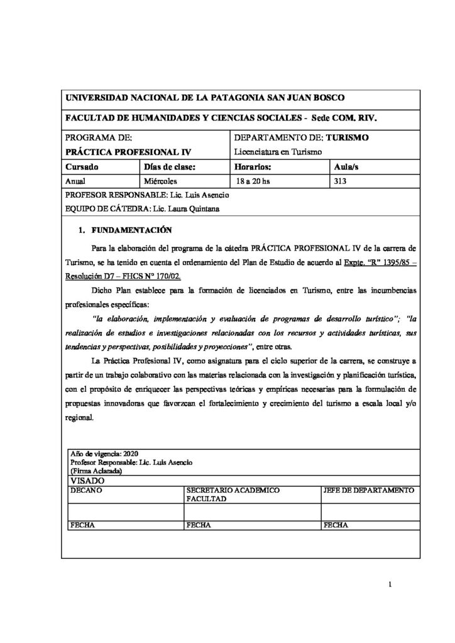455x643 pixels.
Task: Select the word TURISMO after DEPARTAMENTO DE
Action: [348, 138]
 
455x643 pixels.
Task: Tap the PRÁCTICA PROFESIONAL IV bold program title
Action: [128, 152]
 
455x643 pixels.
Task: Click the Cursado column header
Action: [82, 166]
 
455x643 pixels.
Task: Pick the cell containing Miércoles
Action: [161, 181]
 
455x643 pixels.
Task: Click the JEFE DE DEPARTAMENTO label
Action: [367, 490]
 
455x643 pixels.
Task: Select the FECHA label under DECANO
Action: [82, 525]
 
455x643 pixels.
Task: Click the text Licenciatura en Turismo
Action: [277, 152]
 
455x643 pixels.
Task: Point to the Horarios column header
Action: [252, 166]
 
